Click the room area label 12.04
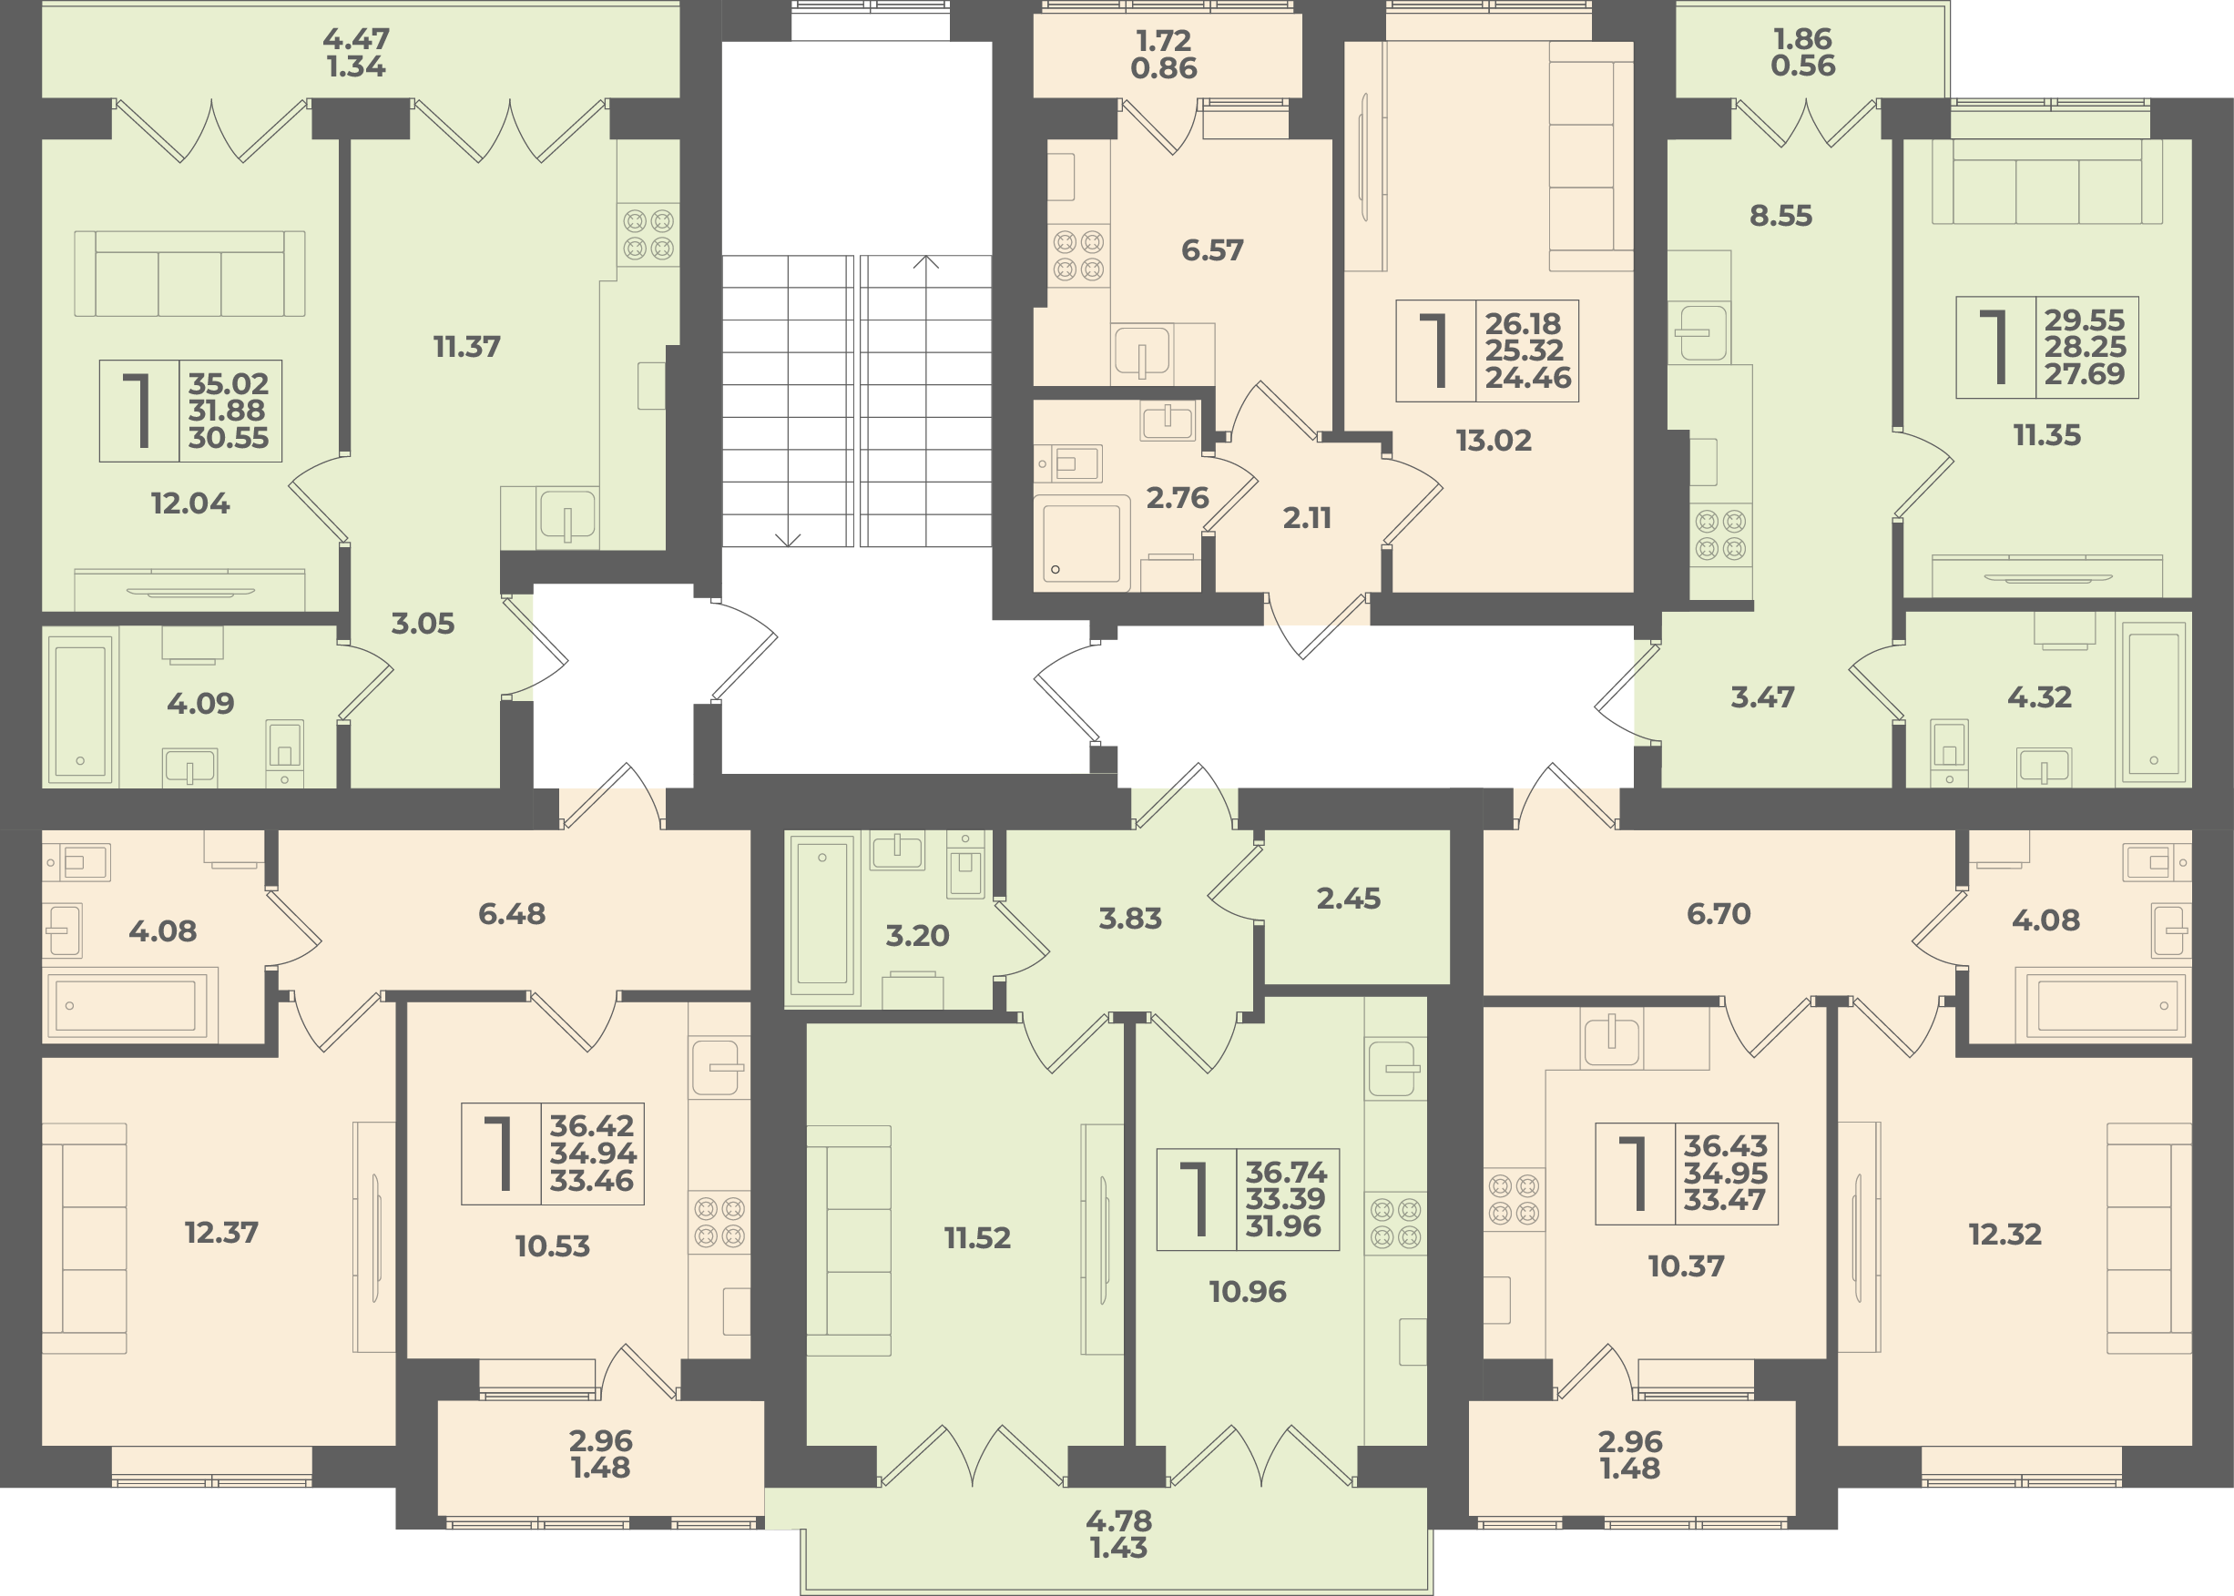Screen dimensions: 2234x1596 [189, 503]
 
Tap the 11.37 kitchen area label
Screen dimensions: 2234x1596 [467, 346]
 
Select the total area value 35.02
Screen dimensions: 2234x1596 [228, 383]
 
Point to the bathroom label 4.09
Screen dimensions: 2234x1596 [200, 703]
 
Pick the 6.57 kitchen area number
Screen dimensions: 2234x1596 [1212, 249]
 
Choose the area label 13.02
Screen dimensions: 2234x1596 [1493, 441]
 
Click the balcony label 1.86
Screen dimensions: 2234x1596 [1802, 38]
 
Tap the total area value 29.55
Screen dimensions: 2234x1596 [2085, 320]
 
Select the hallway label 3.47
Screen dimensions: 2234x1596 [1762, 696]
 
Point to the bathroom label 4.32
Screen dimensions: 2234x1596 [2039, 696]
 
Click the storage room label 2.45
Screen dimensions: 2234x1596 [1349, 898]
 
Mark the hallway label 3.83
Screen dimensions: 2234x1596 [1130, 918]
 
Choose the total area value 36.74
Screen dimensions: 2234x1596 [1286, 1173]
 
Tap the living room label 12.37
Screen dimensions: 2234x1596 [221, 1232]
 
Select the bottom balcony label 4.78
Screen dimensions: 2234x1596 [1118, 1520]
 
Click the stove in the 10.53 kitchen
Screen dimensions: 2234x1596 [719, 1223]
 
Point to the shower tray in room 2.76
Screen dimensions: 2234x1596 [1081, 544]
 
